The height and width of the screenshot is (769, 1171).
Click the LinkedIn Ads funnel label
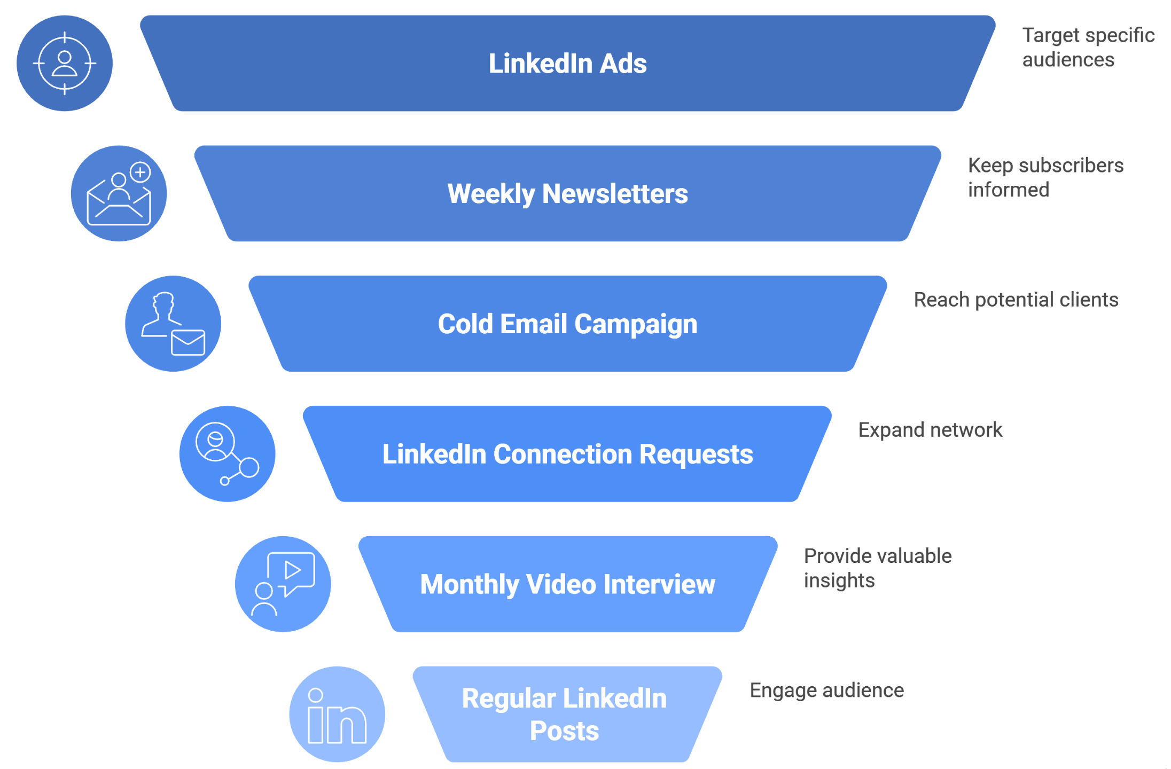coord(567,64)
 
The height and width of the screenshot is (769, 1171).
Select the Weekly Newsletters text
coord(567,193)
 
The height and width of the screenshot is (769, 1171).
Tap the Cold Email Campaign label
coord(567,324)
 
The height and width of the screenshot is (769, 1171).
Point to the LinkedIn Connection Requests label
coord(567,454)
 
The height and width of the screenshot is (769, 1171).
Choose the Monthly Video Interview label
coord(567,584)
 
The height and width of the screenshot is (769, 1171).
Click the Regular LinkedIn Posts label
coord(565,714)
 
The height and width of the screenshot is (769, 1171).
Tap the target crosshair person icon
coord(65,64)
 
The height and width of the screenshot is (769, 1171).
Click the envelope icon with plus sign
coord(119,194)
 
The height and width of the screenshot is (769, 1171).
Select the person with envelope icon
coord(173,324)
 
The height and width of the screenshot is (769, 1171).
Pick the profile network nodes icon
coord(228,454)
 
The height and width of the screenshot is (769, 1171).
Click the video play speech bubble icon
coord(283,584)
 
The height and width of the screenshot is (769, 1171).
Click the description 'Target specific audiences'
coord(1088,48)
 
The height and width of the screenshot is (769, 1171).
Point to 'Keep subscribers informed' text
coord(1045,177)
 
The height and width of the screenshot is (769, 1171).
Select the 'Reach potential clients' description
coord(1016,300)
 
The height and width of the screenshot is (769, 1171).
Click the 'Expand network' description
coord(930,430)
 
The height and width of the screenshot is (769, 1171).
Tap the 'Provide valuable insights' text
coord(878,568)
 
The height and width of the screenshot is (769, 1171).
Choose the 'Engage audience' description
coord(826,690)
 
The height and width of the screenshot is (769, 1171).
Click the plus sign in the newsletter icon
coord(140,172)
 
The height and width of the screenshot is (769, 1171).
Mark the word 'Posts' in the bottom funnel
coord(565,731)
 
